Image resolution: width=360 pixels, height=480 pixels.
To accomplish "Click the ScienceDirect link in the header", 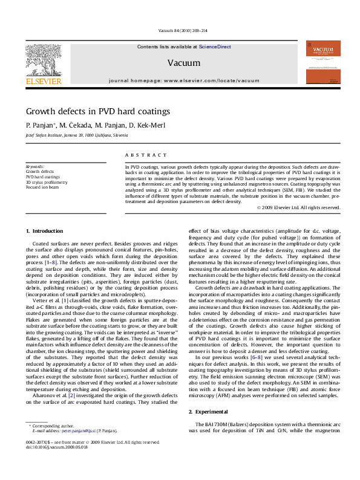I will (x=215, y=47).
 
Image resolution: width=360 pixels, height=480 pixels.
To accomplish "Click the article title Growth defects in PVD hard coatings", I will (x=97, y=111).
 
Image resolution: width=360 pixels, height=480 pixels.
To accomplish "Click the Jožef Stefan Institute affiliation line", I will (x=77, y=135).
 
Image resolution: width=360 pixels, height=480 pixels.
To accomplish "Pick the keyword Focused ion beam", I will (x=42, y=187).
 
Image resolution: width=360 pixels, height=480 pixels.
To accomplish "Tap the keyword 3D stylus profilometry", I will (x=47, y=182).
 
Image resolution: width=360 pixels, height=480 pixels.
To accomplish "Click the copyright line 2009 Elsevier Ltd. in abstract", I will (x=298, y=207).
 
